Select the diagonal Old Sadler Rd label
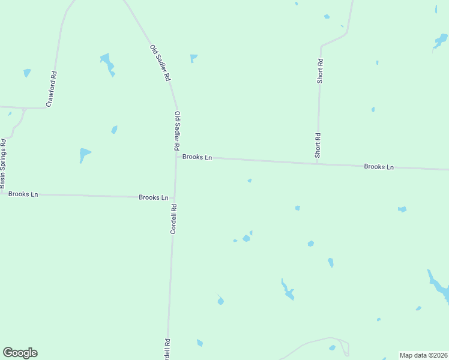(160, 63)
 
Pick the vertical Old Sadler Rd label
(176, 130)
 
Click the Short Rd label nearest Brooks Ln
(318, 145)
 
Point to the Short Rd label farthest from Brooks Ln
(321, 70)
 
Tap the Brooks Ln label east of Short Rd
(378, 166)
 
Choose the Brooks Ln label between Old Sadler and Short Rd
(197, 157)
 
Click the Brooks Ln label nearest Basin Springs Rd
(23, 194)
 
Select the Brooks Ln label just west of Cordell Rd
(153, 197)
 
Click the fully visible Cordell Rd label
(173, 219)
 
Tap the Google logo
(20, 353)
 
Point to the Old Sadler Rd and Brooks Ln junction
(176, 157)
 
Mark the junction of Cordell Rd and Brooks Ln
(175, 197)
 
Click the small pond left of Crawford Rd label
(27, 73)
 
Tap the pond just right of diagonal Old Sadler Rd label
(193, 58)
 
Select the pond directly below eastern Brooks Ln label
(402, 209)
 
